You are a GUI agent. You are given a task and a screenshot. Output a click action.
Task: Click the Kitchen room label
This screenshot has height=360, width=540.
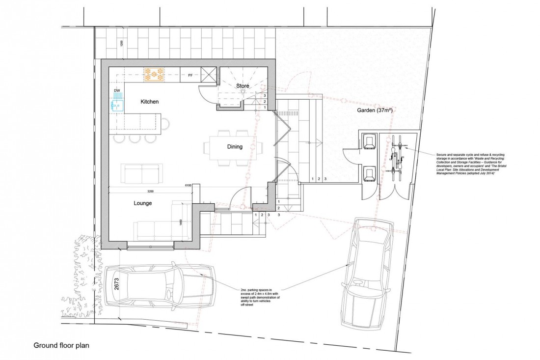point(150,102)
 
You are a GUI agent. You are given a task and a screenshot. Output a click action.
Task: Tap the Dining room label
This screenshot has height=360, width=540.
point(234,146)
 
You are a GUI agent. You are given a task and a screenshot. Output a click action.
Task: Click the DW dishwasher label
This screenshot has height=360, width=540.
point(117,91)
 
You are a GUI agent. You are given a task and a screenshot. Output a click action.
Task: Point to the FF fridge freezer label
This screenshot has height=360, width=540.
point(190,75)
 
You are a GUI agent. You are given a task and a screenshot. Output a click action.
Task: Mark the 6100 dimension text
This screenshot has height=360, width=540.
point(188,186)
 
